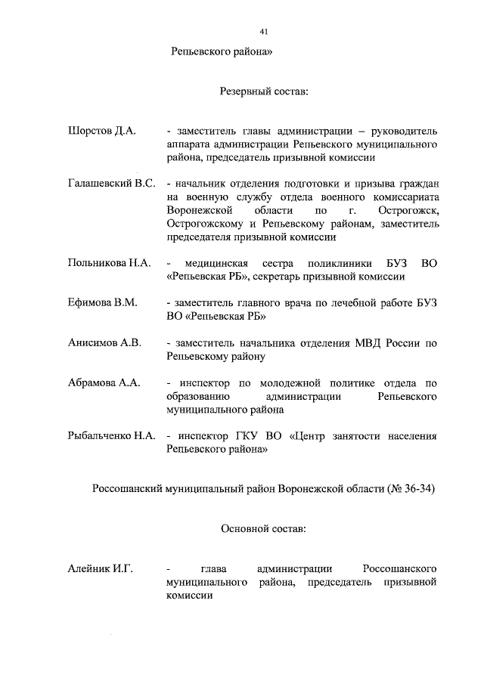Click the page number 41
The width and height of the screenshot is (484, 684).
(x=263, y=32)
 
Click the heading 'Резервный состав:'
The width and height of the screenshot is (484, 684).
(x=264, y=91)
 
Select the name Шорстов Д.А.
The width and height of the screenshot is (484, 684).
(x=102, y=131)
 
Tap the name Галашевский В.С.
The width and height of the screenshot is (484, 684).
(x=111, y=184)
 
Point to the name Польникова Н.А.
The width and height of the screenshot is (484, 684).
(x=109, y=263)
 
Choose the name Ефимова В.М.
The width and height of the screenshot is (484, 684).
(x=102, y=303)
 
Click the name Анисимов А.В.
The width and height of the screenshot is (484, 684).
(x=104, y=342)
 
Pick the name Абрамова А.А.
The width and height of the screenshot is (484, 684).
(x=104, y=382)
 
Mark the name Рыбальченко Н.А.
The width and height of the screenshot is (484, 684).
(x=111, y=435)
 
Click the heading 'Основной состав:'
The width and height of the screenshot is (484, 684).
(x=264, y=528)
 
